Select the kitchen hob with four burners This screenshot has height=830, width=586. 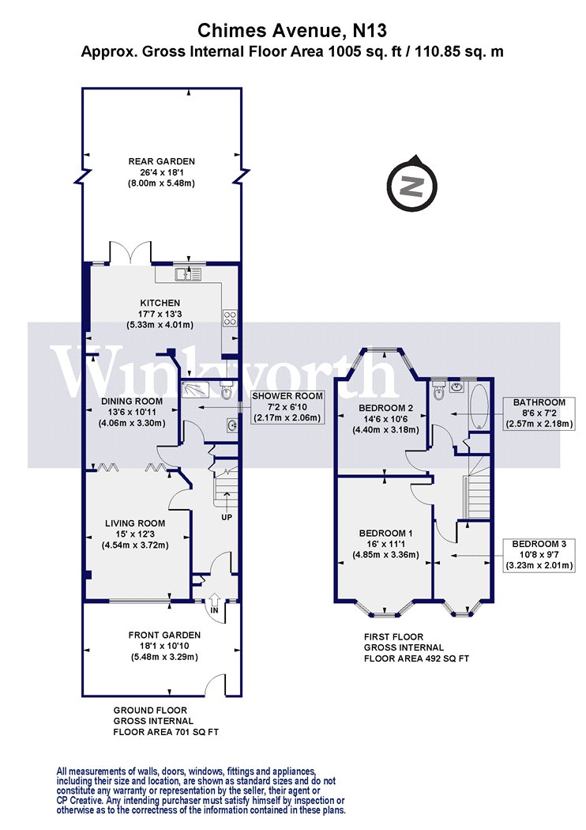click(230, 318)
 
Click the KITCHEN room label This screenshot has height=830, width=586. click(160, 303)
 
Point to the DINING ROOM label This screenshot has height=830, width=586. click(132, 402)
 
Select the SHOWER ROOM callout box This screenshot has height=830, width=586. click(287, 406)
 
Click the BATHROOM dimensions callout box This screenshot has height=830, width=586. click(539, 413)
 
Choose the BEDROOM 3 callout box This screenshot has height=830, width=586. click(539, 554)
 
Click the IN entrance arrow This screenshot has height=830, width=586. click(214, 603)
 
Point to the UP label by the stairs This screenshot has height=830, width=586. click(227, 517)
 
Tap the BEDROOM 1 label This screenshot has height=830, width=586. click(385, 533)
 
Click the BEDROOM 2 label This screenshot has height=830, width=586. click(385, 408)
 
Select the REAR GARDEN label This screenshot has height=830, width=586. click(161, 161)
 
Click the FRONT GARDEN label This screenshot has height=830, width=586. click(164, 635)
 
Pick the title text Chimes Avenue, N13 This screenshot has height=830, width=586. click(292, 31)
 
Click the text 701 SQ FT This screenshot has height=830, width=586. click(195, 731)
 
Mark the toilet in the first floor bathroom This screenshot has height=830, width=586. click(438, 390)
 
